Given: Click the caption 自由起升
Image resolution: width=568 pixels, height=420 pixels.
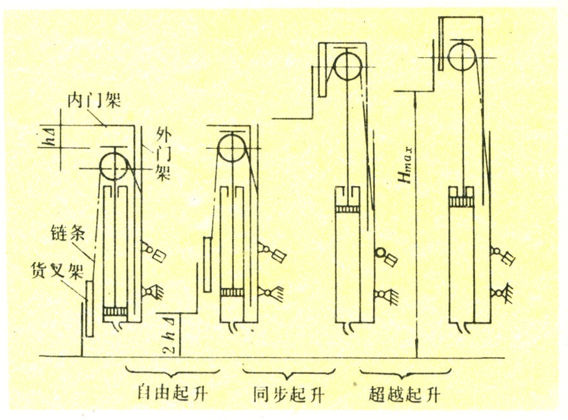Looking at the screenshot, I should pyautogui.click(x=165, y=393).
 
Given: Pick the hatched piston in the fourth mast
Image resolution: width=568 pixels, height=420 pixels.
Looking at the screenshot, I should pyautogui.click(x=465, y=202).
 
